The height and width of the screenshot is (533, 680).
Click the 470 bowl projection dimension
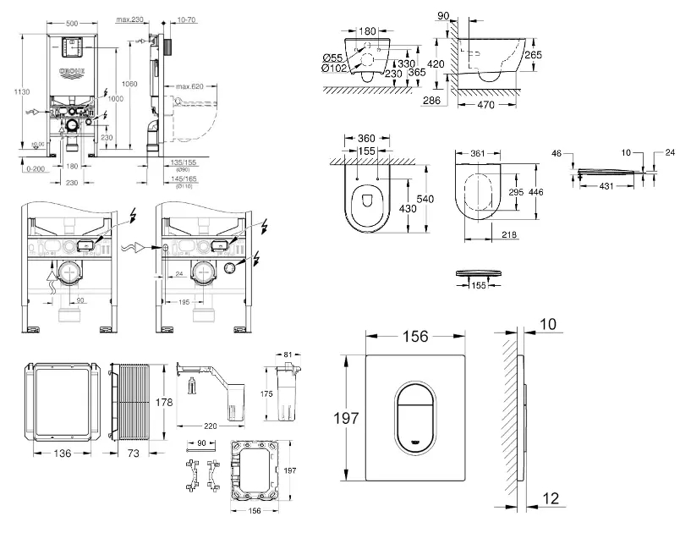pos(485,105)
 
